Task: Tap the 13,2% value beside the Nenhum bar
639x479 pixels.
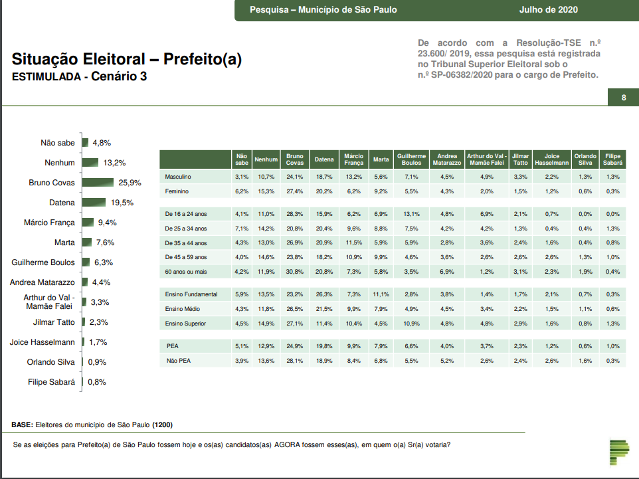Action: click(114, 163)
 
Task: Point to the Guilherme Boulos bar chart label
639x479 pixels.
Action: click(43, 262)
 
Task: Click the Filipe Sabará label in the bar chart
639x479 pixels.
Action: click(51, 382)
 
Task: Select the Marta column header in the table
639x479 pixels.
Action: click(381, 159)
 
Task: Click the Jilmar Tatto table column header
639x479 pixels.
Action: click(521, 159)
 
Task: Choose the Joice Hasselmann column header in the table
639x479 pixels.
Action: click(551, 159)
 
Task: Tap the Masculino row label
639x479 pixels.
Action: click(178, 177)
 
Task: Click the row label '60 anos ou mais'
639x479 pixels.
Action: click(185, 271)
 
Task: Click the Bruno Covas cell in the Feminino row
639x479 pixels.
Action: click(294, 191)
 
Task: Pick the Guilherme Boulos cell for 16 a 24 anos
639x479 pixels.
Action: click(411, 214)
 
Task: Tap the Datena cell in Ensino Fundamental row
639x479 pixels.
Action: click(323, 294)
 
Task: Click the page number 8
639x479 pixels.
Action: click(624, 98)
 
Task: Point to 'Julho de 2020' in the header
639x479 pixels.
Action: click(548, 9)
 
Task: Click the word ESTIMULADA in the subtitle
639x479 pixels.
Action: click(46, 77)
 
